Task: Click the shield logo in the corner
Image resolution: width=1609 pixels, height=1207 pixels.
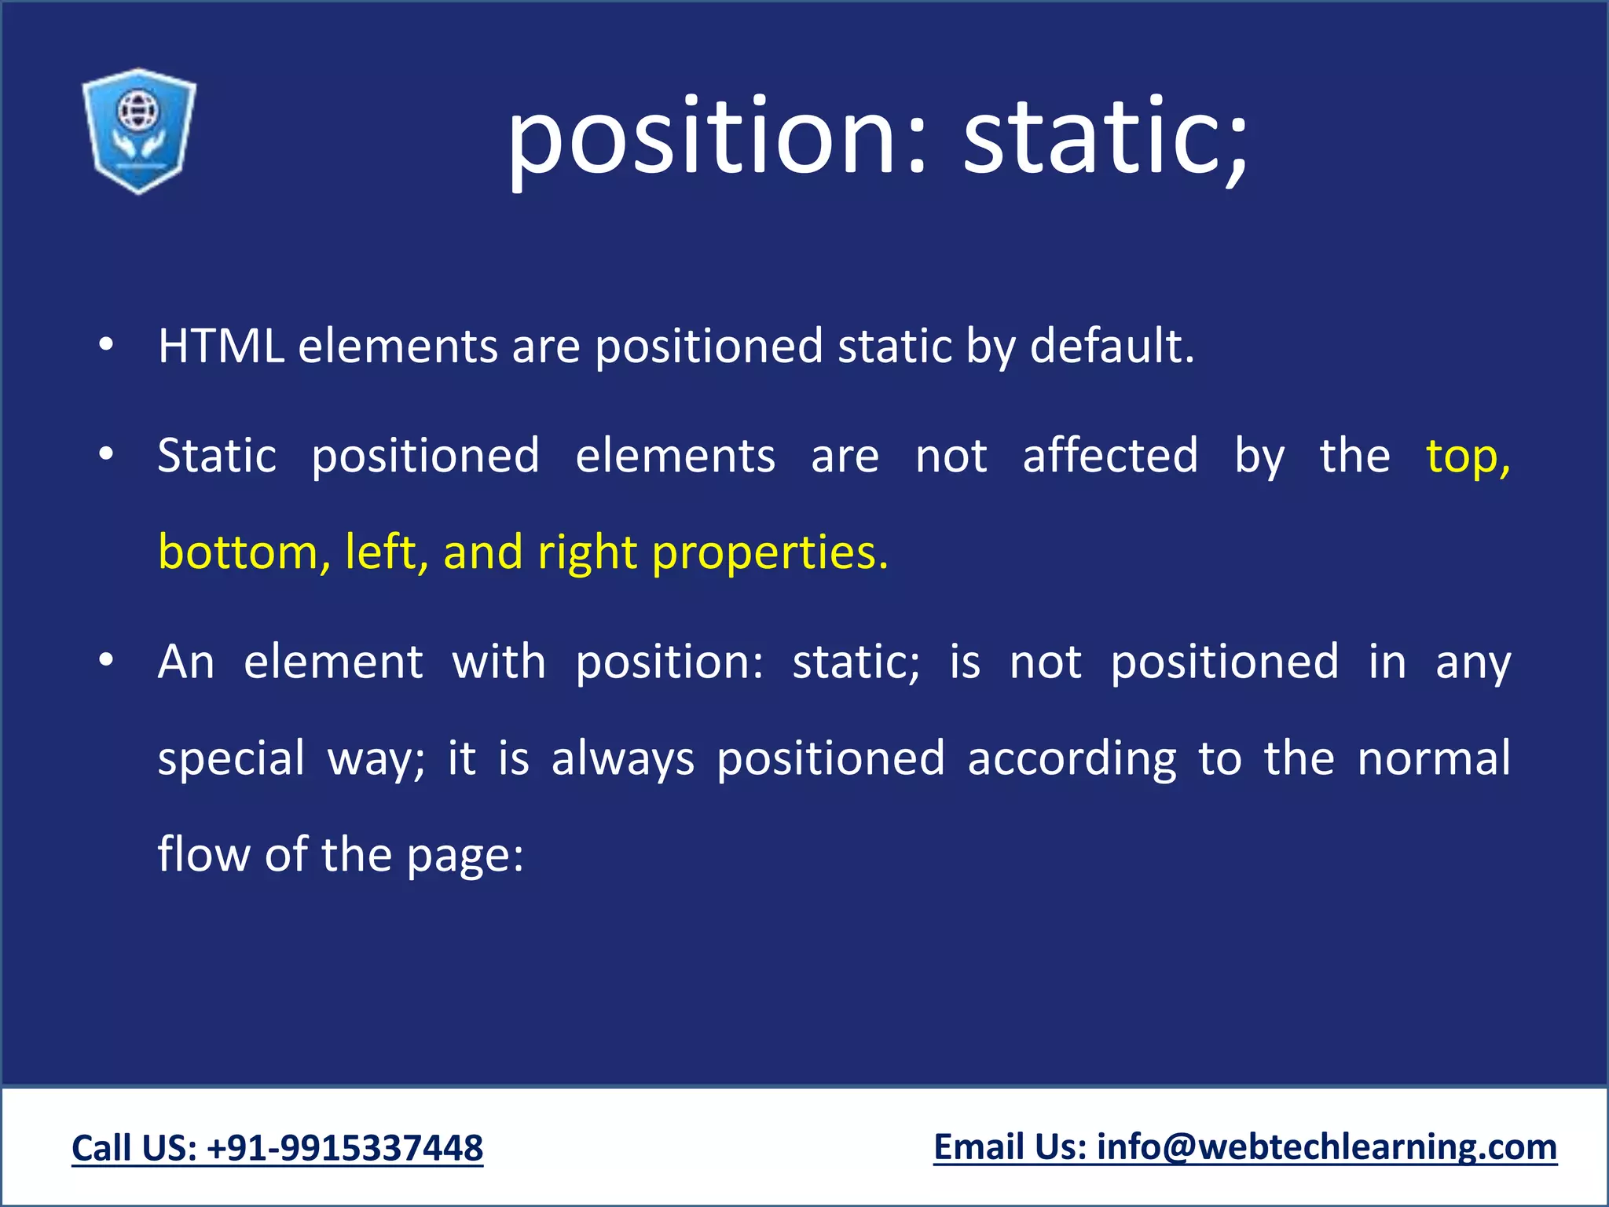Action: pyautogui.click(x=139, y=130)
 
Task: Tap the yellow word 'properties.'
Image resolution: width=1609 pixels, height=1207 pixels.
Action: pyautogui.click(x=770, y=553)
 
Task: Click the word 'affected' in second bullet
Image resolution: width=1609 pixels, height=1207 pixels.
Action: pyautogui.click(x=1110, y=456)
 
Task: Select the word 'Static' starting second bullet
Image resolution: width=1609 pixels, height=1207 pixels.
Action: pyautogui.click(x=217, y=456)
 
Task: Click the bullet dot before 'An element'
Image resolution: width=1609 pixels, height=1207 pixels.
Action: pyautogui.click(x=107, y=661)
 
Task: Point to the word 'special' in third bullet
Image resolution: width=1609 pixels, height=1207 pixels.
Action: pyautogui.click(x=231, y=759)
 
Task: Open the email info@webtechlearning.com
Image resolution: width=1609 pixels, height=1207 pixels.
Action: pyautogui.click(x=1327, y=1147)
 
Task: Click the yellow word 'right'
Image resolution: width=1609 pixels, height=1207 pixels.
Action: pyautogui.click(x=587, y=553)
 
